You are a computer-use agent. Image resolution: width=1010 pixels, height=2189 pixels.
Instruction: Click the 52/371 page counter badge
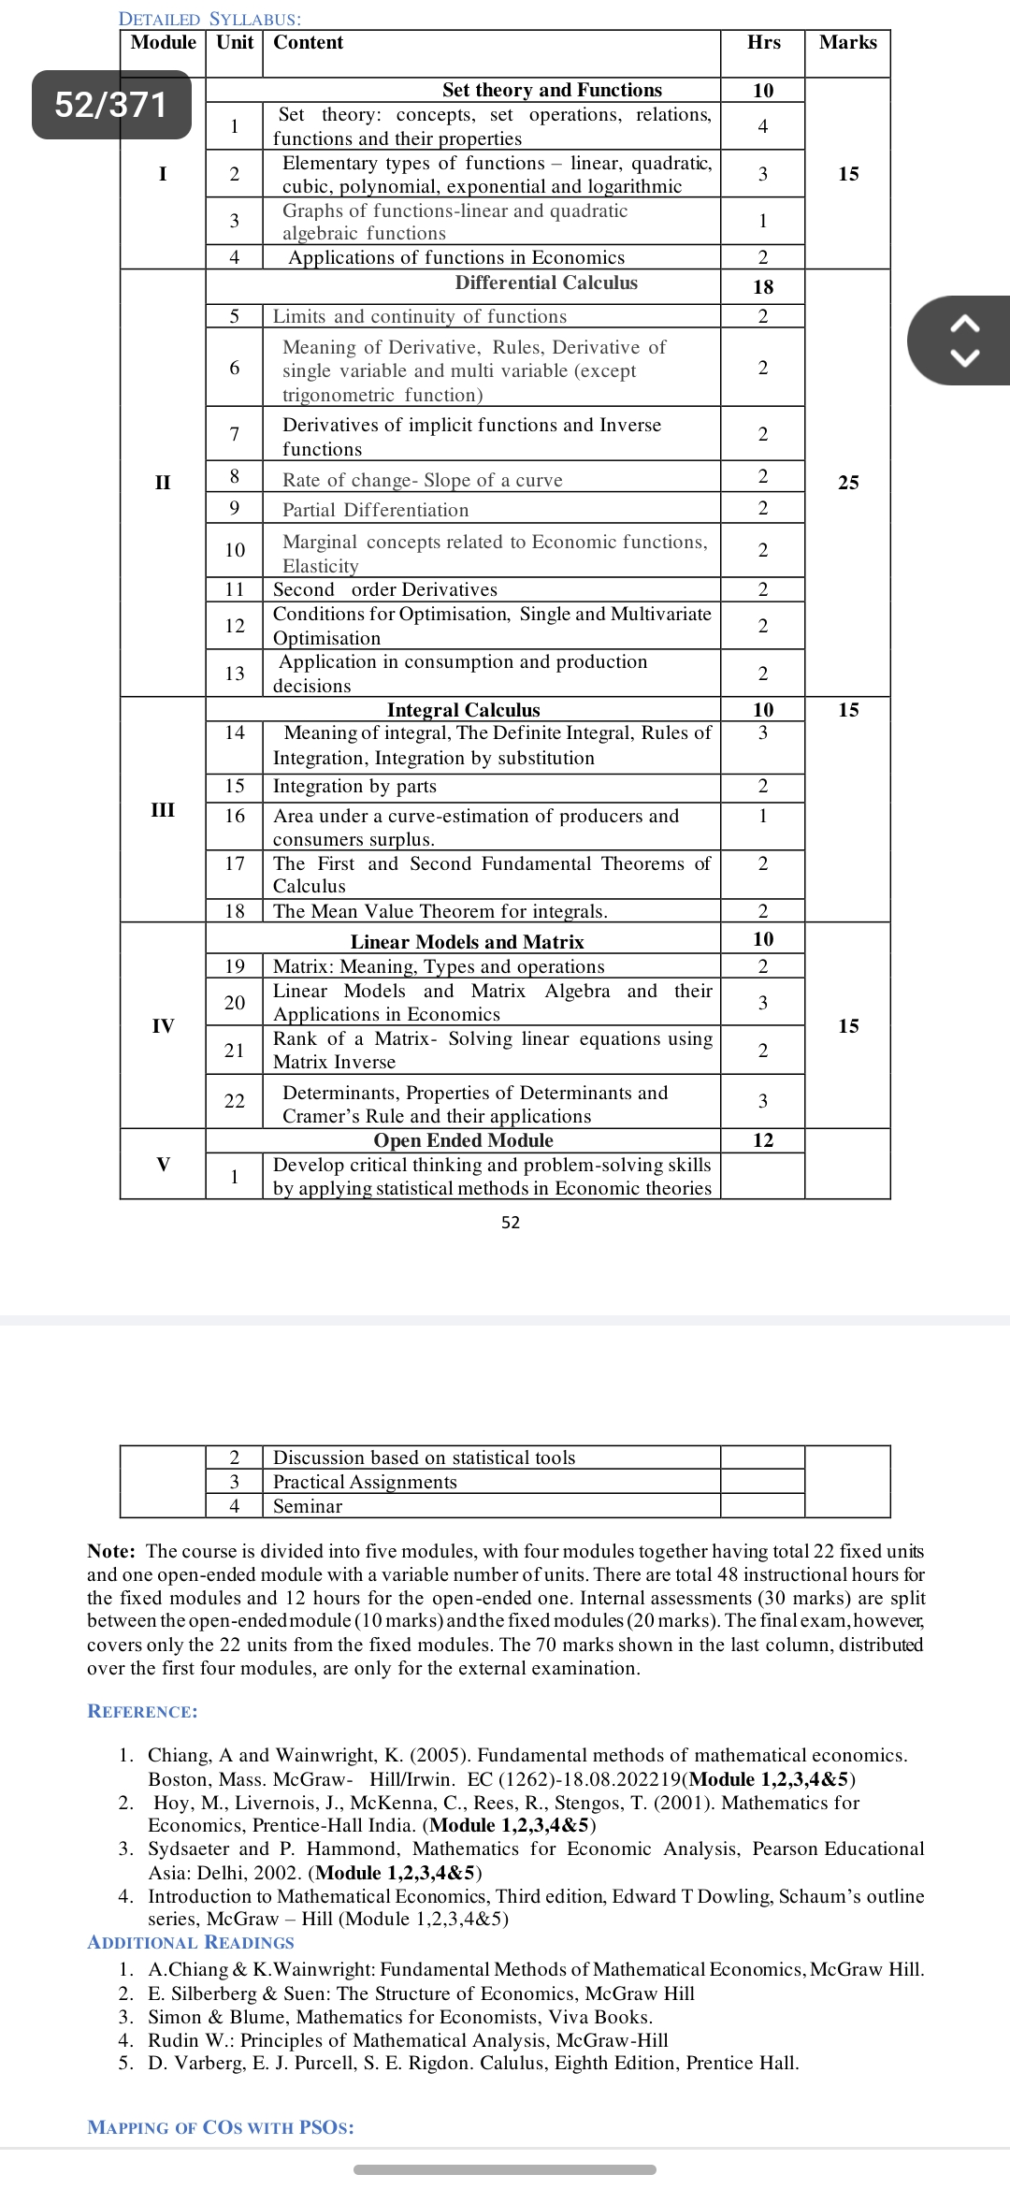point(111,105)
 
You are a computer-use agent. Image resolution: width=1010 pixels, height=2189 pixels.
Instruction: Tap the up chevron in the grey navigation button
point(965,324)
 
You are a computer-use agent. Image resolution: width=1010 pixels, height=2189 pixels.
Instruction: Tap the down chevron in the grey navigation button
point(965,356)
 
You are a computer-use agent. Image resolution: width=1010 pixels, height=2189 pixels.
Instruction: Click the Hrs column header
point(763,43)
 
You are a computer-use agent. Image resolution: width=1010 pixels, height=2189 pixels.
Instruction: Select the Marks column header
point(847,43)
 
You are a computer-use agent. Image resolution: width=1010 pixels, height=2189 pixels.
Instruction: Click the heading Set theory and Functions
point(552,90)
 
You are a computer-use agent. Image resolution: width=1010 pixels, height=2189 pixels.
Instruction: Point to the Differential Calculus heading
point(546,283)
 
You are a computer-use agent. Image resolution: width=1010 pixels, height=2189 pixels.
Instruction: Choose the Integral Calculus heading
point(463,710)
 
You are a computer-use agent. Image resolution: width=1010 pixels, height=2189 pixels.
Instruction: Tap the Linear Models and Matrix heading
point(467,942)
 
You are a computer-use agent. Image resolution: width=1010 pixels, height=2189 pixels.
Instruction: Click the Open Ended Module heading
point(463,1140)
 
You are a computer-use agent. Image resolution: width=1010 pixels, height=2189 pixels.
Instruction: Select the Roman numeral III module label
point(163,810)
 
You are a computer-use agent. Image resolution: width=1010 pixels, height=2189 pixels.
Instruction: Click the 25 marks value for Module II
point(848,483)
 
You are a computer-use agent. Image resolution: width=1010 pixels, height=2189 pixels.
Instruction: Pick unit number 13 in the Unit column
point(235,674)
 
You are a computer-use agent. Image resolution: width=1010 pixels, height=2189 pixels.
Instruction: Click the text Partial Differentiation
point(375,510)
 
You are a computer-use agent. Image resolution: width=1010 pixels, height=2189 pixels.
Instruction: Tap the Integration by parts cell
point(354,787)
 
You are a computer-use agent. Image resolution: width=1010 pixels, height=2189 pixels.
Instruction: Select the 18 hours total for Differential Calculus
point(763,287)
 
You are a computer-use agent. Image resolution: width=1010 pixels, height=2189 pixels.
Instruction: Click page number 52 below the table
point(511,1223)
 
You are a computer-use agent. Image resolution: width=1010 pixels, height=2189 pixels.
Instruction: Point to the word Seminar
point(308,1506)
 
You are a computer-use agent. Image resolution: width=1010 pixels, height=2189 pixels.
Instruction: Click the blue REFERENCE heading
point(142,1712)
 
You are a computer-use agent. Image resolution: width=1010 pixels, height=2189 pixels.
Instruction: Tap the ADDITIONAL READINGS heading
point(191,1943)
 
